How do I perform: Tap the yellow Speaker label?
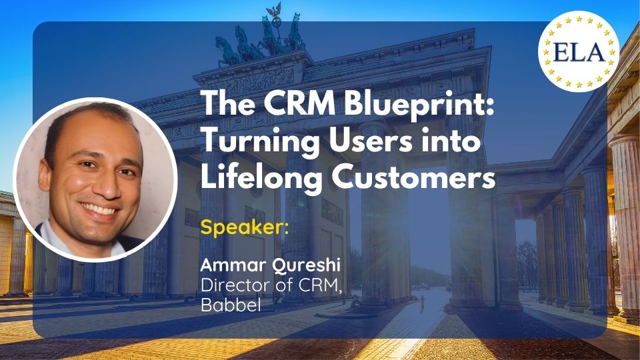245,227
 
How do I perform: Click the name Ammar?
233,265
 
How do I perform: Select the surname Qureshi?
306,266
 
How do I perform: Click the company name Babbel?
231,305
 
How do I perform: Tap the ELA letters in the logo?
579,52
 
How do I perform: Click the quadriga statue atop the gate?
261,39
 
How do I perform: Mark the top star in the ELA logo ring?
579,19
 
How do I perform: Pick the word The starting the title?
229,103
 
